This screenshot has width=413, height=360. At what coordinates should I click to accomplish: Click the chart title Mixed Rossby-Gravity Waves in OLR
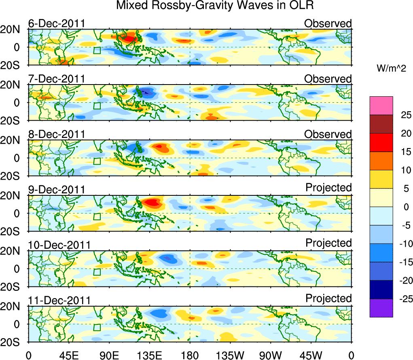(215, 6)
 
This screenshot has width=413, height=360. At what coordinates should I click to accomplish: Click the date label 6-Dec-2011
(57, 23)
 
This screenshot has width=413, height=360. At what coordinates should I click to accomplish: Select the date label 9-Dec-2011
(57, 190)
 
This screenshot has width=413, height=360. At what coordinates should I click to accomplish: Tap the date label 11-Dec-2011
(59, 301)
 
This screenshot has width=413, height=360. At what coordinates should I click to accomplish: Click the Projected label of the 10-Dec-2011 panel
(328, 243)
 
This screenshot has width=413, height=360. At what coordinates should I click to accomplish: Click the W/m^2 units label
(392, 69)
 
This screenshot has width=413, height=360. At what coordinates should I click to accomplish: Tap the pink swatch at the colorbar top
(381, 106)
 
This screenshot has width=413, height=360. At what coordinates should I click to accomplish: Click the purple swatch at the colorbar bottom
(381, 308)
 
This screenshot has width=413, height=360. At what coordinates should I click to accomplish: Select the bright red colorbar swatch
(381, 142)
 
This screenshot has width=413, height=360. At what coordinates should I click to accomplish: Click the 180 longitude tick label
(190, 355)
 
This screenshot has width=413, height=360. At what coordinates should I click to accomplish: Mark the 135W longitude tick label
(231, 355)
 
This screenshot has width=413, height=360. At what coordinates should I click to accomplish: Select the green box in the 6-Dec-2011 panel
(97, 51)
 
